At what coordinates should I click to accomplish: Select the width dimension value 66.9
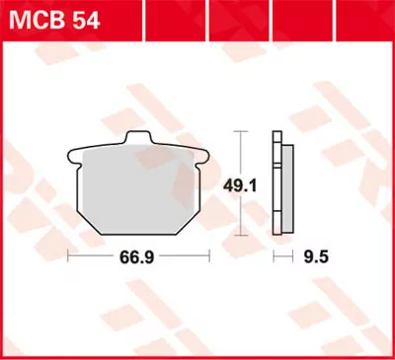point(137,256)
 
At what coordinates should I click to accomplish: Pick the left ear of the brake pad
point(73,154)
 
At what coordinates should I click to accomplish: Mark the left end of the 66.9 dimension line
point(67,256)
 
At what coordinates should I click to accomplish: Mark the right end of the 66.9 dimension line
point(208,256)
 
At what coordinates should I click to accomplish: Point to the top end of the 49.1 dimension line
point(244,132)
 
